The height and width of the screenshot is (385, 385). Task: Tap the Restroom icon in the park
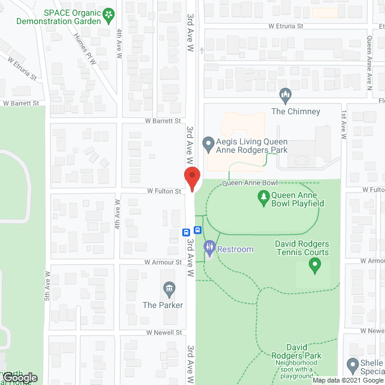pyautogui.click(x=209, y=247)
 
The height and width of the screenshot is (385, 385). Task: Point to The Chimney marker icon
pyautogui.click(x=286, y=95)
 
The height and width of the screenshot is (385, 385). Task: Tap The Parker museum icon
pyautogui.click(x=169, y=290)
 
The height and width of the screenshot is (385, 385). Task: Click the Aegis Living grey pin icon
pyautogui.click(x=208, y=143)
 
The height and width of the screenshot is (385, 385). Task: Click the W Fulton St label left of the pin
pyautogui.click(x=165, y=191)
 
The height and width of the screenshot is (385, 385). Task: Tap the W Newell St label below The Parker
pyautogui.click(x=163, y=332)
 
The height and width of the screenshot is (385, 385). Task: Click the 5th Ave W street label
pyautogui.click(x=46, y=286)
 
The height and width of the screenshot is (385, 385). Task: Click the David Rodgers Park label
pyautogui.click(x=303, y=352)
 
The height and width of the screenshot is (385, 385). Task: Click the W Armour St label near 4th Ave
pyautogui.click(x=163, y=262)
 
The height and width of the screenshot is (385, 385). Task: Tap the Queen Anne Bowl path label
pyautogui.click(x=250, y=183)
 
